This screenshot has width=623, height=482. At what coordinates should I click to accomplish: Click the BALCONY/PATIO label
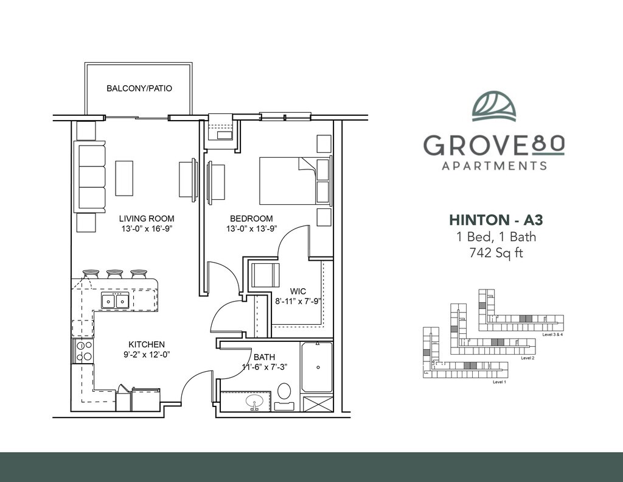139,88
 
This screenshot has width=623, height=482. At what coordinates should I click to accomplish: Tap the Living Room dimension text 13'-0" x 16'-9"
148,229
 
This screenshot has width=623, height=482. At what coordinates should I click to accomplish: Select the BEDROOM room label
251,219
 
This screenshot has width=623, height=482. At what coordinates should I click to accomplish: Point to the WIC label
298,291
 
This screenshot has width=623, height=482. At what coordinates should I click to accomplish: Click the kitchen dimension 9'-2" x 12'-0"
147,355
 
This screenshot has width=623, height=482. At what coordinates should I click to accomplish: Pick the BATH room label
264,357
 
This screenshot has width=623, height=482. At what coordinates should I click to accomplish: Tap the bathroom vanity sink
254,402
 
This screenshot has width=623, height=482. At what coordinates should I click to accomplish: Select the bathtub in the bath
317,367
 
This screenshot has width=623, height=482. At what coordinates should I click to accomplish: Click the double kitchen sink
115,301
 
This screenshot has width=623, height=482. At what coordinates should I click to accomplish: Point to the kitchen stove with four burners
83,351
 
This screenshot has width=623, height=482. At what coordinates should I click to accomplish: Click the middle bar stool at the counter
115,274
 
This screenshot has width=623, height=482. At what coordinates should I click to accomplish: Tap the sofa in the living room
91,178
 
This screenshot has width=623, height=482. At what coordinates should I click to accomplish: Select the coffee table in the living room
124,178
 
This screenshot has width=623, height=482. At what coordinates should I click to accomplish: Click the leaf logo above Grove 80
494,105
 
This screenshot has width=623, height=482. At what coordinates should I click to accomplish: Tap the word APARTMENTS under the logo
495,165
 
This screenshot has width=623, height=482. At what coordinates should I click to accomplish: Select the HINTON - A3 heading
496,220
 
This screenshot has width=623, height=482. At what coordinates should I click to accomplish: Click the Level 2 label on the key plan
527,358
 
